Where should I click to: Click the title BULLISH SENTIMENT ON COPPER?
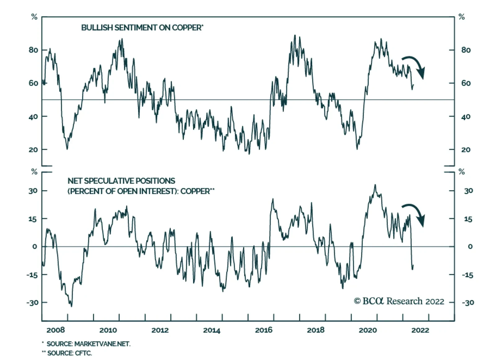tap(142, 28)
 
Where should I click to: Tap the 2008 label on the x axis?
tap(56, 330)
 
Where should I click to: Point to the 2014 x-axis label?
tap(212, 330)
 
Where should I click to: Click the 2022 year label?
tap(420, 330)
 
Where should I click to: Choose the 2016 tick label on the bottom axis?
tap(264, 330)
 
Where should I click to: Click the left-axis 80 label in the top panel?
tap(33, 50)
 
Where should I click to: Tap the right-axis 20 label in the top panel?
tap(466, 150)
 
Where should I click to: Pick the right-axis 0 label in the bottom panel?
tap(470, 247)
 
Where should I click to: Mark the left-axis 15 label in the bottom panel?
tap(33, 219)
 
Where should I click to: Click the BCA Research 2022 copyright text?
tap(399, 301)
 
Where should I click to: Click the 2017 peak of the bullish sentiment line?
tap(295, 35)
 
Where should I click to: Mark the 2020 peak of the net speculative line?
tap(375, 185)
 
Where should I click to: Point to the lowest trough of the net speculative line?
tap(72, 307)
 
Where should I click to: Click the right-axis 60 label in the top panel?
tap(466, 83)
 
